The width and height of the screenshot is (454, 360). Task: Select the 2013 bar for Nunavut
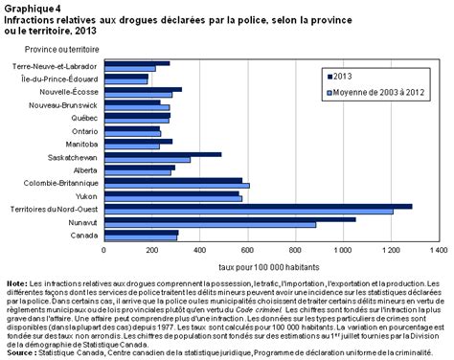tap(229, 218)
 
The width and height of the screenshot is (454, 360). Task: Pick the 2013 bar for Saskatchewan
tap(162, 153)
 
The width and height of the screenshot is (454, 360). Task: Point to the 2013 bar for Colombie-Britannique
tap(172, 179)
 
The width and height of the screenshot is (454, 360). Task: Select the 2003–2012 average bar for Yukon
tap(172, 198)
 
